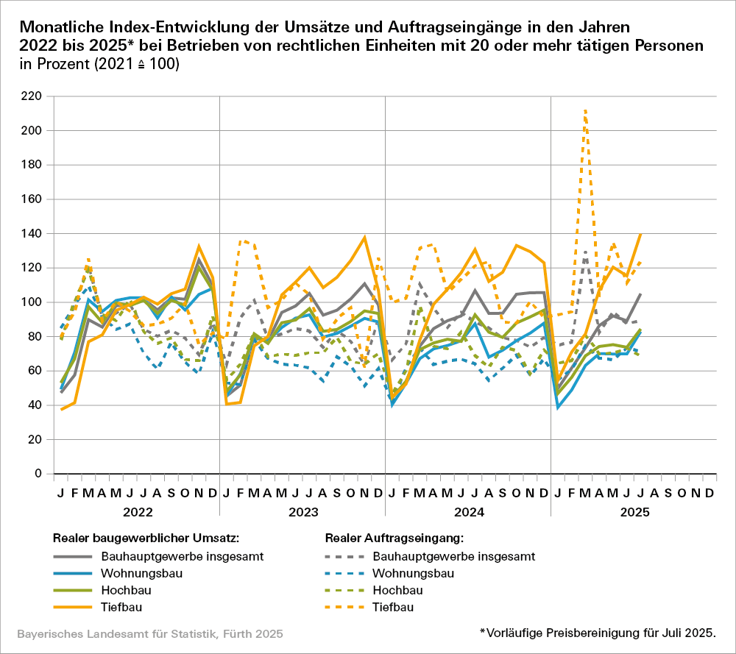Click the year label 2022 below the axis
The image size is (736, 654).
137,510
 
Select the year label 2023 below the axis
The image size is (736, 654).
302,510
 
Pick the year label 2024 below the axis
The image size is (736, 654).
468,510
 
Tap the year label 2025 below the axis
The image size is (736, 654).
634,510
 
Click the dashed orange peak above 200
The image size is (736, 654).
585,111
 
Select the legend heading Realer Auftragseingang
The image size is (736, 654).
394,538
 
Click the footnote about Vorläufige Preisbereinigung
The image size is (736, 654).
597,632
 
